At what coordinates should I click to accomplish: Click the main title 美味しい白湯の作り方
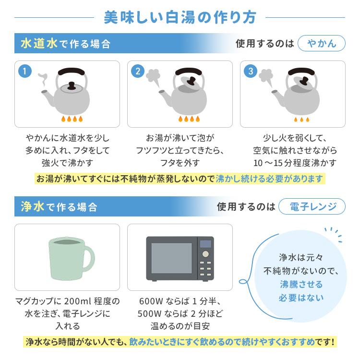[x=180, y=17]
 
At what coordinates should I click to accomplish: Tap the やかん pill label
[x=321, y=44]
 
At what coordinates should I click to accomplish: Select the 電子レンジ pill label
[x=312, y=206]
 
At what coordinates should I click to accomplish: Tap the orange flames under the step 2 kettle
[x=187, y=118]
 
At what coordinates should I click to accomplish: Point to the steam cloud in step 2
[x=153, y=75]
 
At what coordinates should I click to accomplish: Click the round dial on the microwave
[x=205, y=254]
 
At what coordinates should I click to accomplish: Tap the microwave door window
[x=171, y=258]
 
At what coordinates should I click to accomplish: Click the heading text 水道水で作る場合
[x=65, y=44]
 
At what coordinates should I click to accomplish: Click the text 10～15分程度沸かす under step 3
[x=295, y=162]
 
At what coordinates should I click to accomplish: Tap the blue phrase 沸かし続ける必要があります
[x=270, y=179]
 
